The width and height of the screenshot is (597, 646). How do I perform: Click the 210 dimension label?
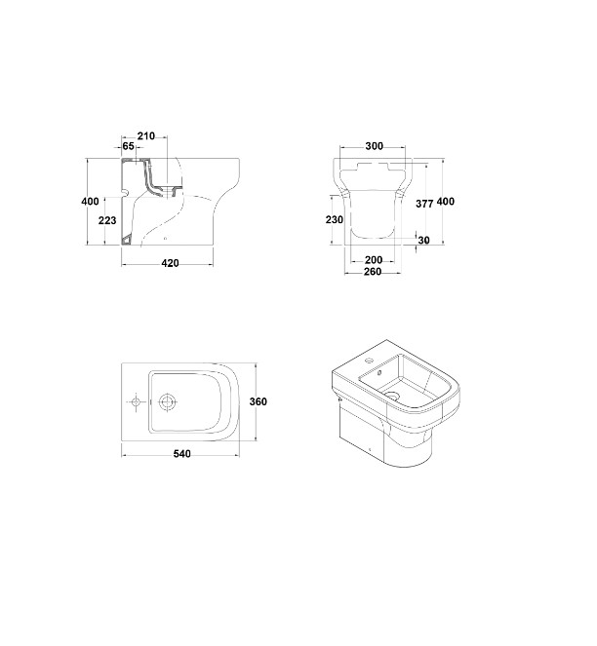146,136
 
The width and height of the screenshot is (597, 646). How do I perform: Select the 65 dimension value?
129,146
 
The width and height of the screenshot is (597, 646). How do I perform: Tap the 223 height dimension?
107,220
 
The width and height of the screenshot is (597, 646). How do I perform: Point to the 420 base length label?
170,263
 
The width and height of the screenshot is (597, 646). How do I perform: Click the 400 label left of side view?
90,202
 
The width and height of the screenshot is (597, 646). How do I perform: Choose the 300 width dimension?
375,146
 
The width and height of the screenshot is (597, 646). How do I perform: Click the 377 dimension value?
424,204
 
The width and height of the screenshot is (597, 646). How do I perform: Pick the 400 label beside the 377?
446,202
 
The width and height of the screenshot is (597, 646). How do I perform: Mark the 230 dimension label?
335,220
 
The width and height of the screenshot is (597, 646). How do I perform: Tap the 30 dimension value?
424,241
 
